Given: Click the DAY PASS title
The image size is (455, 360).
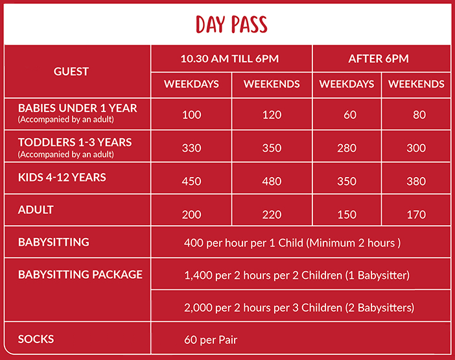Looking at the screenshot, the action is pos(231,25).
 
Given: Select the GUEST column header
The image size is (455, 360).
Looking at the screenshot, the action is pos(71,71).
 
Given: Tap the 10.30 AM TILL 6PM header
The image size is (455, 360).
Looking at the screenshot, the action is pos(229,58).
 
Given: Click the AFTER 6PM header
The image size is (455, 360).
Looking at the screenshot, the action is pos(379,58).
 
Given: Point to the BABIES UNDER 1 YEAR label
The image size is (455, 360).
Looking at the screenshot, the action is pos(78,108).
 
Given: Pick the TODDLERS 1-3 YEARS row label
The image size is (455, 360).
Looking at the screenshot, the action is pos(75,142).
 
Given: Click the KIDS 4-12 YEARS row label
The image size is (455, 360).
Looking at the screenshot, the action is pos(62,177).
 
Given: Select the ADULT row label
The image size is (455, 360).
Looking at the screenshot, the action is pos(36,210).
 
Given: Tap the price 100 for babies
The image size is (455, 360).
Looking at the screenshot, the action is pos(191,115).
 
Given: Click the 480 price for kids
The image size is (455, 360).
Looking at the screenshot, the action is pos(272,182).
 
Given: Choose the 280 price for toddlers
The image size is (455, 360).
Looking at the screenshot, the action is pos(347,148).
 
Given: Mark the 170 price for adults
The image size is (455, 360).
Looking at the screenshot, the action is pos(416,215).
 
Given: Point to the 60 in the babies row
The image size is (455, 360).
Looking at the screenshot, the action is pos(350,115).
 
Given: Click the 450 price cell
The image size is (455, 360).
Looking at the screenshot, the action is pos(191,182).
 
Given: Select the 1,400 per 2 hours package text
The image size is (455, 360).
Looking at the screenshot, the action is pos(297,275).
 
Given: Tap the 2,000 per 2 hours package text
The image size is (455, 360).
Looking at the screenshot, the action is pos(299,307).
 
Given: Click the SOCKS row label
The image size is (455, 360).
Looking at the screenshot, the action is pos(36,339).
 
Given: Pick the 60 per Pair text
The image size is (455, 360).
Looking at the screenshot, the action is pos(211,340).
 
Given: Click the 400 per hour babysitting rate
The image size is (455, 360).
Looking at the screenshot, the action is pos(292,243).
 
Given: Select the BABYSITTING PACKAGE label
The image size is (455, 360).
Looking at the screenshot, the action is pos(80,274).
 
